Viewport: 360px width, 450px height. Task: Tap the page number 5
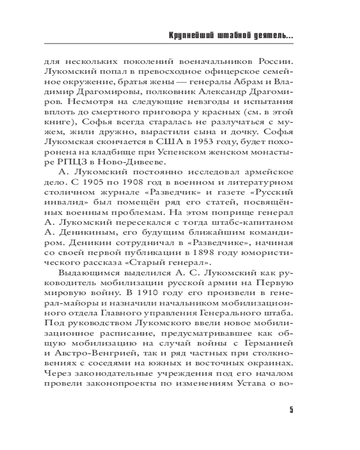(291, 410)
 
